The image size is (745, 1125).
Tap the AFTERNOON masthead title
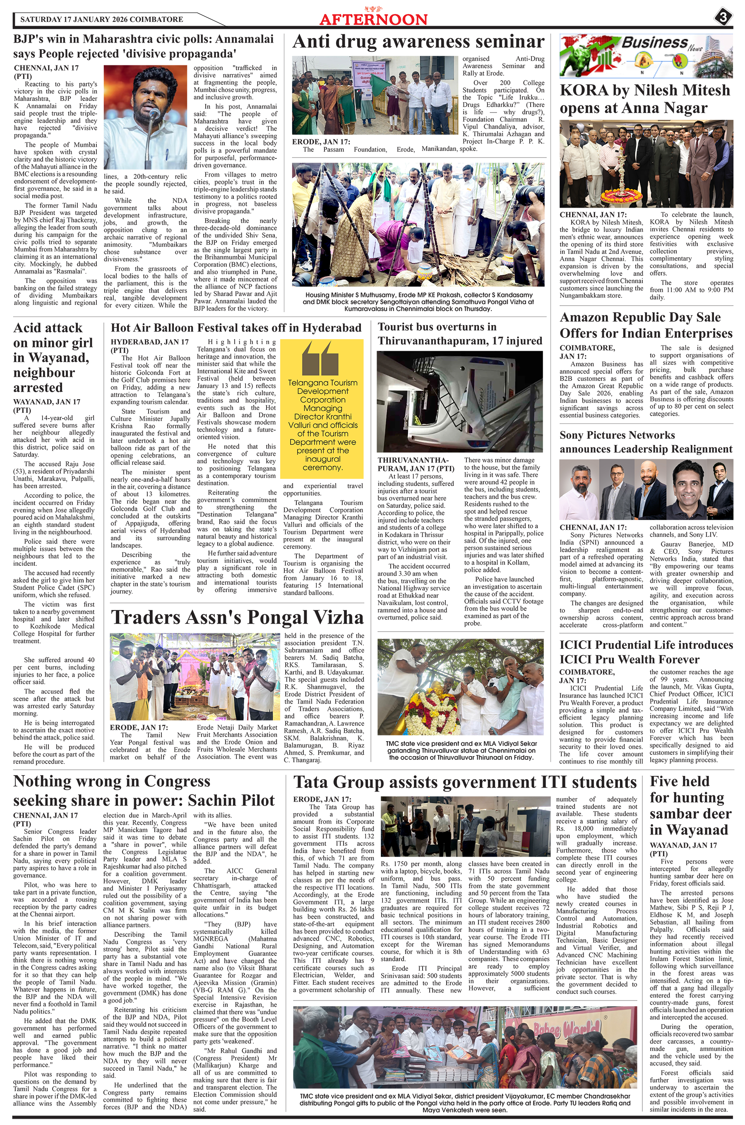tap(373, 19)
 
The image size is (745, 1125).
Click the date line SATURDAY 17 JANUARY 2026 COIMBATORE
tap(102, 19)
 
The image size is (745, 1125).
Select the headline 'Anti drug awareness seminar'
tap(418, 42)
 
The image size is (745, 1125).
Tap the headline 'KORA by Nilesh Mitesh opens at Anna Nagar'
tap(645, 99)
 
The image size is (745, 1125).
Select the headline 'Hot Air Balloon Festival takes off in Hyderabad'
tap(236, 328)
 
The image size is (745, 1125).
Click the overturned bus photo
tap(459, 402)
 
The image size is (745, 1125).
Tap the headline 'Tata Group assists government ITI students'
tap(465, 782)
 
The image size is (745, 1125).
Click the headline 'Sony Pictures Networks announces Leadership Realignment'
tap(646, 442)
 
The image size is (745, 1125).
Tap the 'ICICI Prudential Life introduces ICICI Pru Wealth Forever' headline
tap(646, 652)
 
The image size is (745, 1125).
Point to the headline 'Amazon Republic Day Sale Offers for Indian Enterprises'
tap(646, 325)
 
